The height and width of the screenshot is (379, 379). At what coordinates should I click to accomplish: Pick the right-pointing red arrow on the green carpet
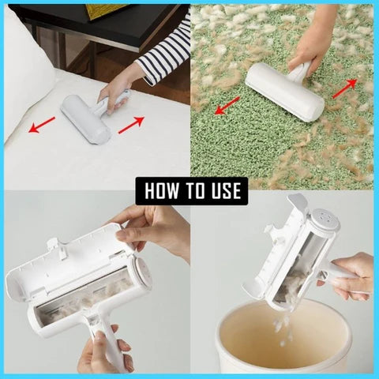pos(343,87)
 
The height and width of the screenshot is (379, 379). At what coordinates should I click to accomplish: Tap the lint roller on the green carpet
pos(284,91)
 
